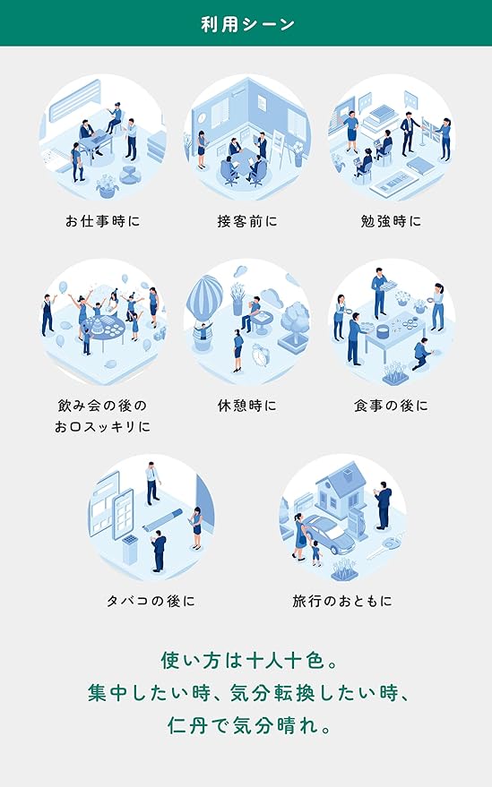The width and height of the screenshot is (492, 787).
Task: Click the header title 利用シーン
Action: point(247,23)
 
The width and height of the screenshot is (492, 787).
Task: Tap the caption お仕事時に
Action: point(102,221)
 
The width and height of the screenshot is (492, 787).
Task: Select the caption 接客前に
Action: point(247,221)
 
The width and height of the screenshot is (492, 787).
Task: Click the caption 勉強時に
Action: point(391,221)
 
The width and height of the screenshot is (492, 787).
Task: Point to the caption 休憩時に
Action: point(247,405)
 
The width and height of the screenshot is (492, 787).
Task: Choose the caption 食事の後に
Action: point(391,405)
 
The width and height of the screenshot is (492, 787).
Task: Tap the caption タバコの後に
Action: point(151,600)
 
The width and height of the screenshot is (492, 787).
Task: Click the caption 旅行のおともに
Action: point(342,600)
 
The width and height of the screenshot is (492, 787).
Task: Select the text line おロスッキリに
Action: point(102,426)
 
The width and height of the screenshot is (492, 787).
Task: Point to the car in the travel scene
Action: point(329,534)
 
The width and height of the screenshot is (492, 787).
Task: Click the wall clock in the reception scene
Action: point(202,117)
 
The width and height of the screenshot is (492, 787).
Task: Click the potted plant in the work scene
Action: point(108,185)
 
